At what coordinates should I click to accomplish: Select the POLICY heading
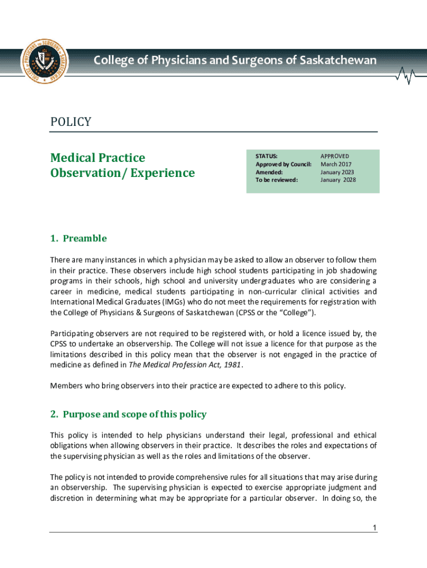tap(70, 122)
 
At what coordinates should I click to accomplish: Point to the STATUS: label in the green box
tap(266, 156)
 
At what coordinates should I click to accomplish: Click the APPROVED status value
tap(335, 156)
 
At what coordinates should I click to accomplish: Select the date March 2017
tap(336, 164)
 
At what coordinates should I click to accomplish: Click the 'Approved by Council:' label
tap(283, 164)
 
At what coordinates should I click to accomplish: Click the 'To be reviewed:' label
tap(276, 180)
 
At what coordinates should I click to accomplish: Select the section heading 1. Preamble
tap(78, 239)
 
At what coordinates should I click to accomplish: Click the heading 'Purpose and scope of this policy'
tap(135, 414)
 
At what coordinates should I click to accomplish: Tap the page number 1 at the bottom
tap(375, 528)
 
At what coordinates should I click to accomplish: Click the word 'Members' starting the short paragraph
tap(65, 386)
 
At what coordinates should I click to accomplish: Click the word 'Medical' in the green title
tap(72, 158)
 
